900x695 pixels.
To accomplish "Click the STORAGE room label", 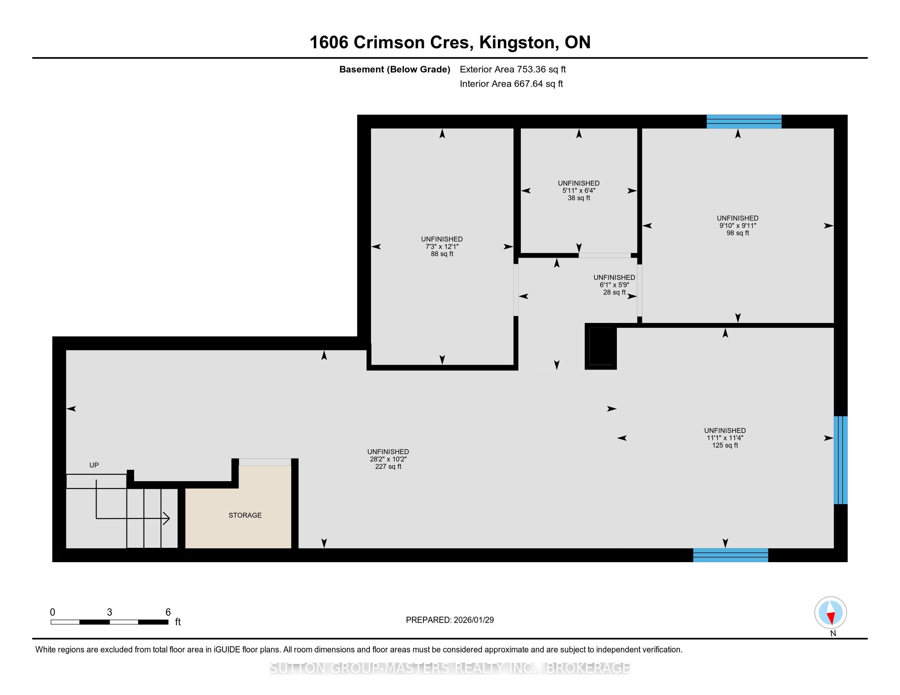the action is [245, 515].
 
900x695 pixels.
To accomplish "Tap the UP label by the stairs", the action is [94, 465].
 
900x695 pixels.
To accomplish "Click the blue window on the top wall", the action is [744, 121].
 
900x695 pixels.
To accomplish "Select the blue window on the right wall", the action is [841, 460].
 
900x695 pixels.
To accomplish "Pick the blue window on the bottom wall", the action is [730, 555].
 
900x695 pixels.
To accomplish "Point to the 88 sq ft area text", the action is [442, 254].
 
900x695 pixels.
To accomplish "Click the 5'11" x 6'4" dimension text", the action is [578, 191].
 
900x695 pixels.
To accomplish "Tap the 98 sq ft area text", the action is [738, 233].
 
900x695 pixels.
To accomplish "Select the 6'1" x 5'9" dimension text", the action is [614, 285].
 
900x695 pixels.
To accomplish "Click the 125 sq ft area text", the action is [725, 445].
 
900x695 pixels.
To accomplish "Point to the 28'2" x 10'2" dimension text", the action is [388, 459].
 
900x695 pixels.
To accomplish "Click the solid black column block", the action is [601, 346].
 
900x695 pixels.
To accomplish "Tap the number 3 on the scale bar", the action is [109, 612].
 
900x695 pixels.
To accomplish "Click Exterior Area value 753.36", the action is [531, 69].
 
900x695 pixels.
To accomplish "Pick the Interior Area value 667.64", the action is [528, 83].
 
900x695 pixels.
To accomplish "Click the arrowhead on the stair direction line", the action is [166, 518].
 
